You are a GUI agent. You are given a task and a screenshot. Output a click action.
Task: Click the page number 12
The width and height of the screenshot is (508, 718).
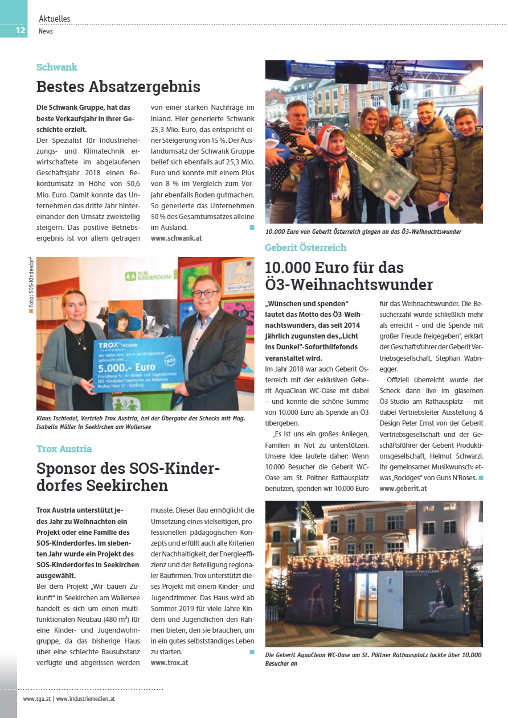[21, 30]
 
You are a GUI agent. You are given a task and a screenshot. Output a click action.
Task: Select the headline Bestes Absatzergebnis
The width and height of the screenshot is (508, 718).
[118, 87]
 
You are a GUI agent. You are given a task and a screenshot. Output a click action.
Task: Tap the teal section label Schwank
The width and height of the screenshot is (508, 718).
[57, 67]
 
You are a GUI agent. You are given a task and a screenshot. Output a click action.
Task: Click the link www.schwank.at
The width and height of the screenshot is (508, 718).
[177, 238]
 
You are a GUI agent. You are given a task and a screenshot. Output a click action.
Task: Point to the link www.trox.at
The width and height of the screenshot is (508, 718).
[169, 662]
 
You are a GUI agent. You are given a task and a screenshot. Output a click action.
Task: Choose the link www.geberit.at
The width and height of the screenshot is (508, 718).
[403, 488]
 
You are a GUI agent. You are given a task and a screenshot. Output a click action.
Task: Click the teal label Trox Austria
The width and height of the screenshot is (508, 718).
[64, 449]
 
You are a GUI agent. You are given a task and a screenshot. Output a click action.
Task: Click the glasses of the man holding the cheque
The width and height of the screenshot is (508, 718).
[206, 294]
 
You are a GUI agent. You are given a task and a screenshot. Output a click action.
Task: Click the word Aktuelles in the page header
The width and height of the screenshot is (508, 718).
[55, 19]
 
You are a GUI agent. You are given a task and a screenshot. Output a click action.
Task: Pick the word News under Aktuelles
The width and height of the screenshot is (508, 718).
[46, 31]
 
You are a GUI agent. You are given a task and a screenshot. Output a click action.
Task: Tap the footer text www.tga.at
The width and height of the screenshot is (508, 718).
[36, 699]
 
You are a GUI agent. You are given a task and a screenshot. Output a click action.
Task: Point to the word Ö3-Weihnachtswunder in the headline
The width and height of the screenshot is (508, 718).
[349, 284]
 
